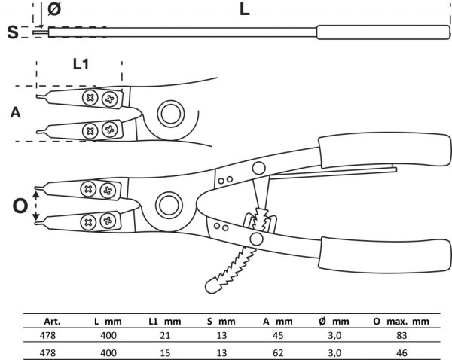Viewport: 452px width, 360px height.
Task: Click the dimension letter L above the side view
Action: coord(244,9)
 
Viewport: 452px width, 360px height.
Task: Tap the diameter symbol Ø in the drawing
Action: coord(54,8)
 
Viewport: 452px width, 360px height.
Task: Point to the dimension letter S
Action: coord(13,32)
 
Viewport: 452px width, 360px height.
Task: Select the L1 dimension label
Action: coord(81,64)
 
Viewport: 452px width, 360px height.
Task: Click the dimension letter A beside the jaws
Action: coord(16,112)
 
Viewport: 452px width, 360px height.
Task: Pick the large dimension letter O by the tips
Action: coord(20,206)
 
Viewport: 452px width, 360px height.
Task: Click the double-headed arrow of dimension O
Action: coord(36,206)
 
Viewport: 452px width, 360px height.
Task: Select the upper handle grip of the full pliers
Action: coord(385,150)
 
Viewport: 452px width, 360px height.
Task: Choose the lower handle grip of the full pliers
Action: coord(385,255)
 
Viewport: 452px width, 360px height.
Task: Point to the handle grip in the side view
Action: coord(383,32)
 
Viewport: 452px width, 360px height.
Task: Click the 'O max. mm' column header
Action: coord(401,321)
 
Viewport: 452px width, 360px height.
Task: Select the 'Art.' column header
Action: coord(52,321)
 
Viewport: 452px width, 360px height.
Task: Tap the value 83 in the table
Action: coord(402,335)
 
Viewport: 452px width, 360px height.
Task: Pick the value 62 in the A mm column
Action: coord(278,353)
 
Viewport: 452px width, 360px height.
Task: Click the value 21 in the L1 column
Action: coord(165,335)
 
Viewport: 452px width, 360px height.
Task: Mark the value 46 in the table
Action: coord(402,353)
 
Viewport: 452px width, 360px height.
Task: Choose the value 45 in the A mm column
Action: coord(278,335)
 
